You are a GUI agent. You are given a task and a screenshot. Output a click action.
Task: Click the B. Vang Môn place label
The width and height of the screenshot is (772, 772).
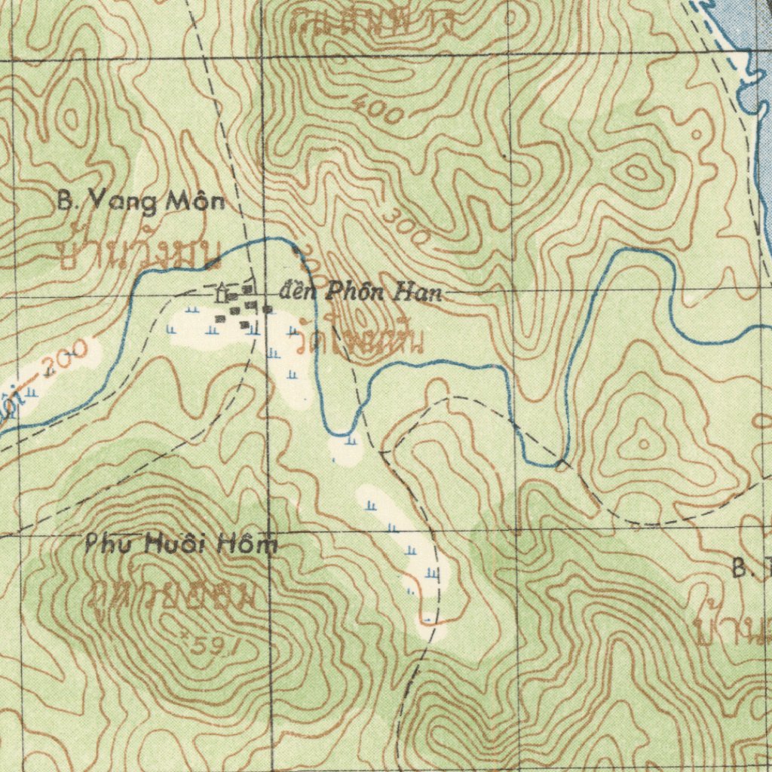point(142,201)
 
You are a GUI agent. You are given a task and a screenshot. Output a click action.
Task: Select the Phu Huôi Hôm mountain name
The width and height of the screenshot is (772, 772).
point(181,544)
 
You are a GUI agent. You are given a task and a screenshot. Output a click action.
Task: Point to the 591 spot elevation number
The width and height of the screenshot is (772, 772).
point(199,646)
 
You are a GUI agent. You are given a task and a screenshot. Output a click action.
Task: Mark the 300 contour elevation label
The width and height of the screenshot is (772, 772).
point(405,226)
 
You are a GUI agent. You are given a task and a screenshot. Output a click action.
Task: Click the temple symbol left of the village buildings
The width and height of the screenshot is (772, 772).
point(222,291)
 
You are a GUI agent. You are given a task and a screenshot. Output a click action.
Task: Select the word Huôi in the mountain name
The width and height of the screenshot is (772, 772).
point(185,544)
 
